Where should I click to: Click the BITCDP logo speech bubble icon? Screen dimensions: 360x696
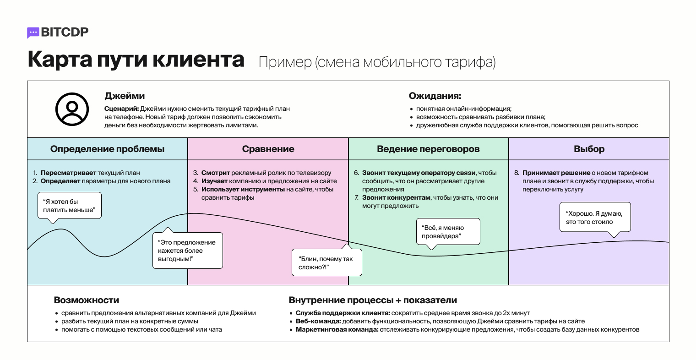pos(33,33)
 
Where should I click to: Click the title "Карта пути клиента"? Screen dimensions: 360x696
pos(136,60)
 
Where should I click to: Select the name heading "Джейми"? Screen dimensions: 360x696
pos(125,96)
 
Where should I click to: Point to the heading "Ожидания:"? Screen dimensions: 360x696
pos(435,96)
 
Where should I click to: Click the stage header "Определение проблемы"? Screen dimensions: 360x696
pos(107,149)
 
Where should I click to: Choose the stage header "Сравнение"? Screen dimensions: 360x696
pos(268,149)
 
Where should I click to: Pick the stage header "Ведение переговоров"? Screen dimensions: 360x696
pos(428,149)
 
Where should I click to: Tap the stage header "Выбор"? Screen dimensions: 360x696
pos(589,149)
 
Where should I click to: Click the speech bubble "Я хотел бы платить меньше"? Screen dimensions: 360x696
pos(69,206)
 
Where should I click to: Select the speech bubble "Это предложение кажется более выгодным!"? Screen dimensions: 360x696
pos(187,251)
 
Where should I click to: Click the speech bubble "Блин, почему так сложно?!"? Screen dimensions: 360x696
pos(326,263)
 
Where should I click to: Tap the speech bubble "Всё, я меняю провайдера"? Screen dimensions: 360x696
pos(448,232)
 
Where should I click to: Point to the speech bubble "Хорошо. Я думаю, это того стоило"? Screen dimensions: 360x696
pos(595,218)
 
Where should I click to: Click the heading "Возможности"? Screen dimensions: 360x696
pos(87,300)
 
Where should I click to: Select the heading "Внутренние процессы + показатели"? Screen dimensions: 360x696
pos(373,300)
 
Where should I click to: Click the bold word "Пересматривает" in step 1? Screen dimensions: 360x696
pos(69,173)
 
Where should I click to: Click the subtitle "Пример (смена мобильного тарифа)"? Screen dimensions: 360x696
pos(377,62)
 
